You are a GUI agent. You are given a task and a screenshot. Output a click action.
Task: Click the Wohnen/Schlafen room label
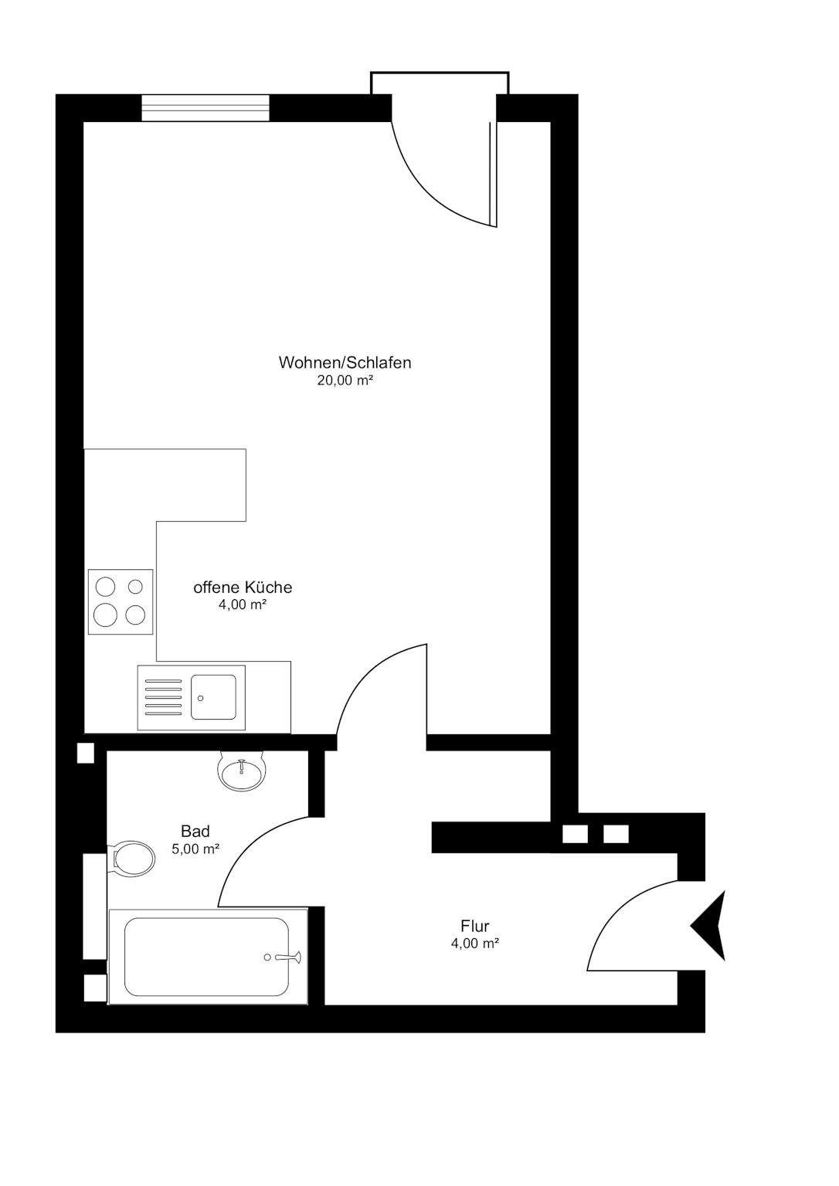[345, 363]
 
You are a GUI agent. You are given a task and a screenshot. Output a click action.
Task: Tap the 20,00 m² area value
[345, 380]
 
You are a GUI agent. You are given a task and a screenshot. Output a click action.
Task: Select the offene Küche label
[243, 587]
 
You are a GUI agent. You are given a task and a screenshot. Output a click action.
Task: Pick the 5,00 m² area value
[195, 849]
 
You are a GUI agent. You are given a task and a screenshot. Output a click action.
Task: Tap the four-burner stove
[121, 601]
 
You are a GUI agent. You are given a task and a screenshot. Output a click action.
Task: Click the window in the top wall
[206, 107]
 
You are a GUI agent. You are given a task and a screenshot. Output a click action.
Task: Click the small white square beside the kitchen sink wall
[85, 753]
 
